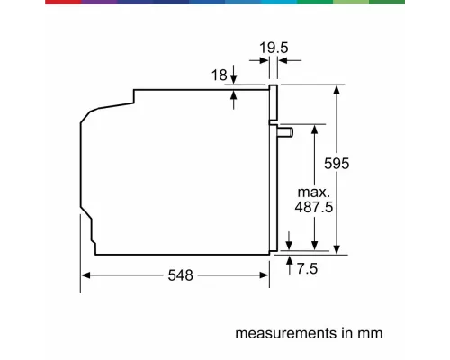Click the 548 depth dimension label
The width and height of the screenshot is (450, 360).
180,276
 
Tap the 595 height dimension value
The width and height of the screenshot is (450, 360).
335,164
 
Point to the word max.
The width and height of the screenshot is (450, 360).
315,192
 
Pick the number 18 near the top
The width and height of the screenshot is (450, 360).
220,76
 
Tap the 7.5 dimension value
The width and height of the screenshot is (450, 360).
309,267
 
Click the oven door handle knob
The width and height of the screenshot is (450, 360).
287,132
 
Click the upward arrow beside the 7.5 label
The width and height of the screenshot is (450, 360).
290,262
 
